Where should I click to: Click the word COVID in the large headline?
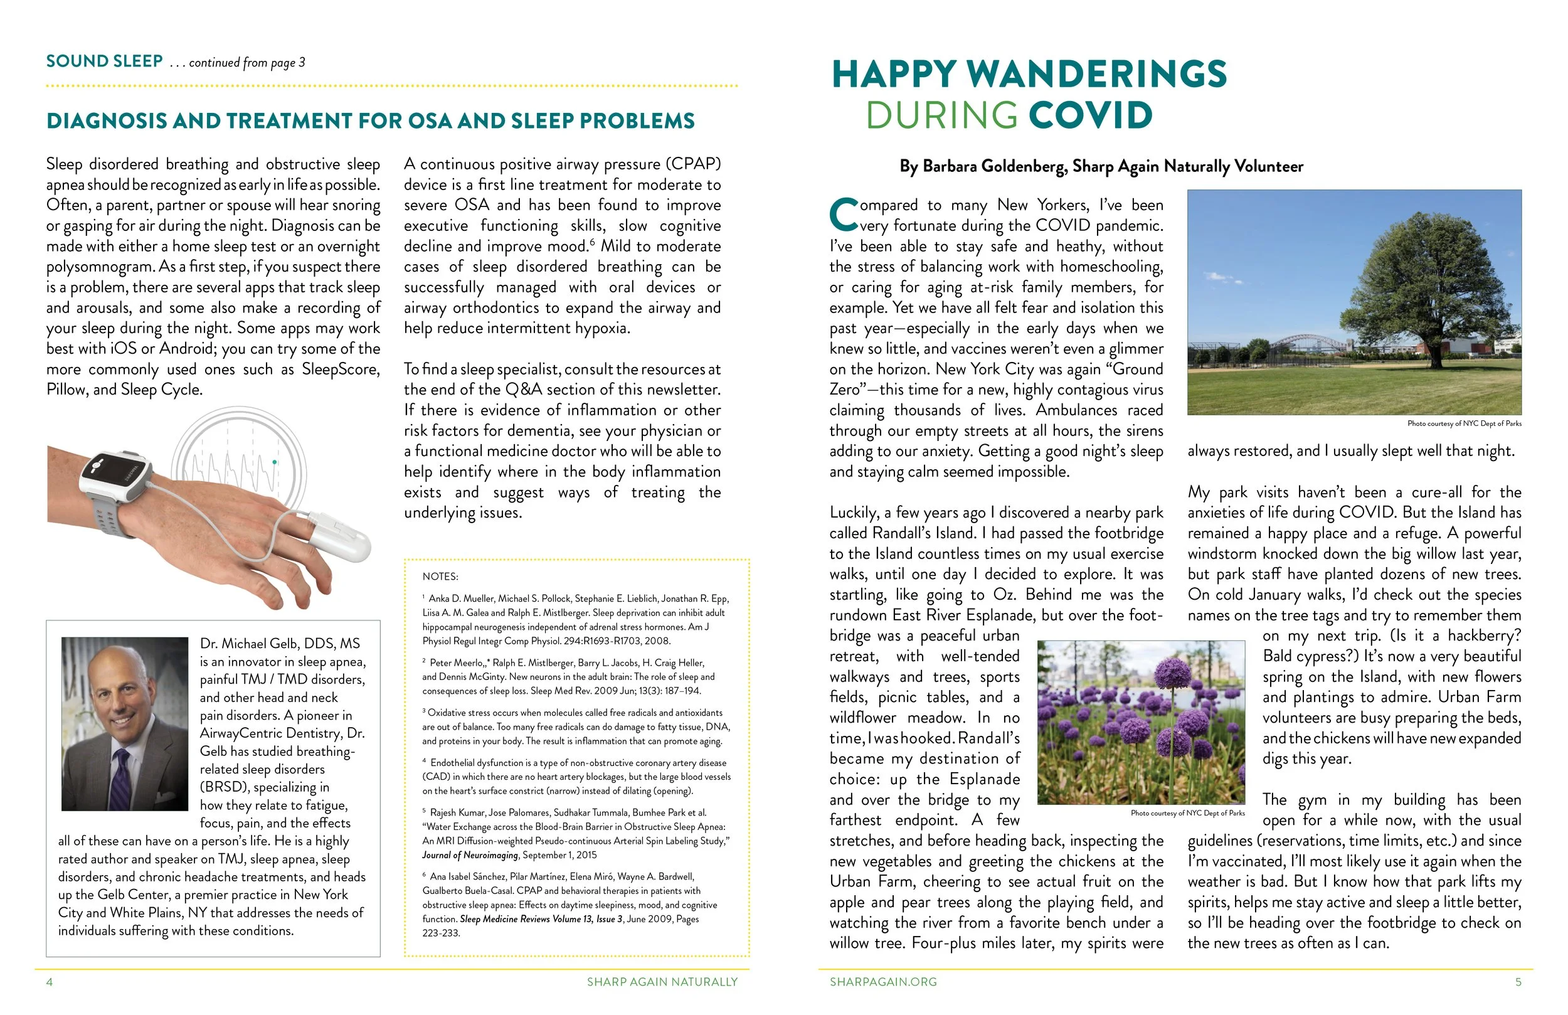tap(1090, 115)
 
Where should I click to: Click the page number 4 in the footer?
tap(50, 982)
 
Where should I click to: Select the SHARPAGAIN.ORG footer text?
tap(883, 982)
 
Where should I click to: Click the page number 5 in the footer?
tap(1518, 982)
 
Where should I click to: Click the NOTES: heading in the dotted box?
tap(440, 577)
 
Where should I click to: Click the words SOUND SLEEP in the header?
tap(104, 61)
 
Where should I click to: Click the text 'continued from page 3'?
tap(247, 63)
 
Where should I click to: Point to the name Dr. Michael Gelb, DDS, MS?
tap(280, 644)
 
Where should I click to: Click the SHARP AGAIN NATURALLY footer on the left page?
tap(662, 982)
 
